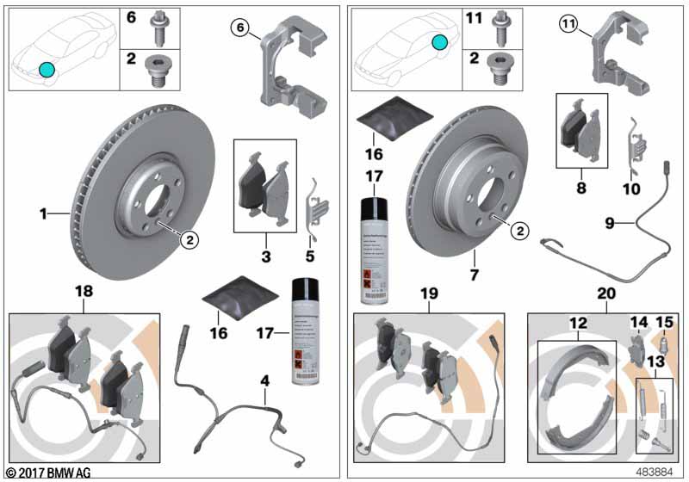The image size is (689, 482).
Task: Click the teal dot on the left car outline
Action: [x=47, y=70]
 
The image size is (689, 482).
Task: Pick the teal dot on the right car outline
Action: [x=440, y=40]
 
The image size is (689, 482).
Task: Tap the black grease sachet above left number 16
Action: [x=233, y=293]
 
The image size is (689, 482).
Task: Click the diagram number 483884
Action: [x=656, y=473]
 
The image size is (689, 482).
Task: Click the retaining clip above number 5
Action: [x=316, y=203]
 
